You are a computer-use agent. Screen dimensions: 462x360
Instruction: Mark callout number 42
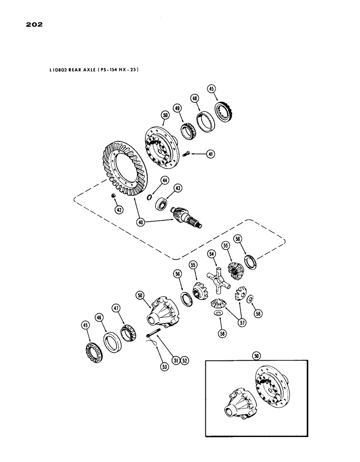click(x=119, y=210)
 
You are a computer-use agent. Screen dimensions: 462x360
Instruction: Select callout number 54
click(x=212, y=254)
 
